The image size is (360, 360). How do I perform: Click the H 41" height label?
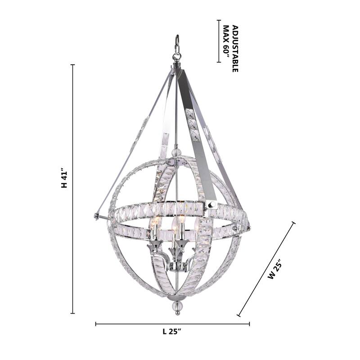click(64, 179)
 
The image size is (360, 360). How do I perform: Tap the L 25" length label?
click(172, 332)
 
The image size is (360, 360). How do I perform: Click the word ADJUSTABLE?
click(234, 49)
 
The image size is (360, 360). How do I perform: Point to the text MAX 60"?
click(226, 44)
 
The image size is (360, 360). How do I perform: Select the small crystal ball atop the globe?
click(177, 152)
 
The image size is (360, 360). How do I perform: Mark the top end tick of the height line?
click(72, 65)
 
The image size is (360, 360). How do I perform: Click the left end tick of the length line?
click(96, 324)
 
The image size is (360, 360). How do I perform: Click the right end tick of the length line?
click(249, 324)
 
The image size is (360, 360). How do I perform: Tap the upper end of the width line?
click(294, 222)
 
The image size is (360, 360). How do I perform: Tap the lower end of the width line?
click(238, 315)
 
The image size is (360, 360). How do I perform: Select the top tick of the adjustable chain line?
click(218, 20)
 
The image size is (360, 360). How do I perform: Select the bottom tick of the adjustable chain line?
click(218, 62)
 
